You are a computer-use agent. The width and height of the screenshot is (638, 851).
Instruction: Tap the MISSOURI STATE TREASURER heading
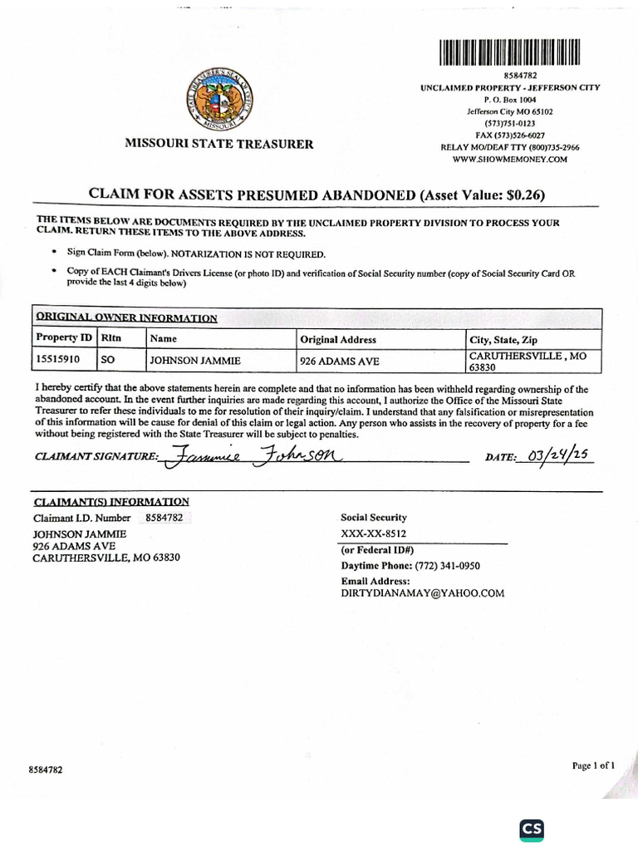pos(219,144)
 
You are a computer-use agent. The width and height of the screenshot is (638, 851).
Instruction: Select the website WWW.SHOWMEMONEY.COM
pos(509,159)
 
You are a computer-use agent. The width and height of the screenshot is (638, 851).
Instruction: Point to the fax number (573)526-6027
pos(509,135)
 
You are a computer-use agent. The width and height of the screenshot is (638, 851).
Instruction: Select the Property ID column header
pos(63,339)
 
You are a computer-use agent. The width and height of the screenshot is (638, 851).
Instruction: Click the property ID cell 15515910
pos(57,361)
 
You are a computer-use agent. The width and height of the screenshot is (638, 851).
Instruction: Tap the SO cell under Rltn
pos(108,361)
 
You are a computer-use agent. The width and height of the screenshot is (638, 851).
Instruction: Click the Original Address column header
pos(337,339)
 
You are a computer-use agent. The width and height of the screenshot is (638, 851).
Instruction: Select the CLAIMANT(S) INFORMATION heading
pos(111,502)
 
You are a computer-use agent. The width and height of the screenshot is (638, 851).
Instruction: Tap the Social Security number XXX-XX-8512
pos(374,534)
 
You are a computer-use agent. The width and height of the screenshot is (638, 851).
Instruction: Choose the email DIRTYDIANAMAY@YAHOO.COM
pos(423,593)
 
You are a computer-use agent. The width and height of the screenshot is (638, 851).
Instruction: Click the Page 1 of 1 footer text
pos(593,765)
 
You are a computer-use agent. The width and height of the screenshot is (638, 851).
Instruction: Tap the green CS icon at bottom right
pos(532,830)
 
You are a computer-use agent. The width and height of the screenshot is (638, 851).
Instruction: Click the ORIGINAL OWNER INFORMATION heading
pos(126,317)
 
